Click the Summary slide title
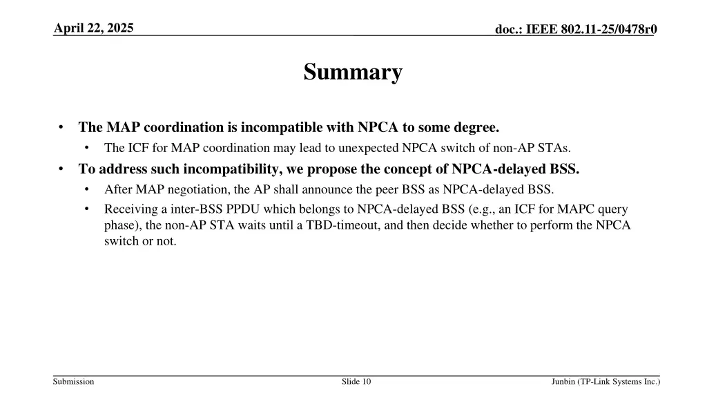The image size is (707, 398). pyautogui.click(x=353, y=72)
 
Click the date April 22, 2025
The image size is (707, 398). pyautogui.click(x=94, y=28)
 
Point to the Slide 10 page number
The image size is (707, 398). pyautogui.click(x=356, y=381)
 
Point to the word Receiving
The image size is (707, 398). pyautogui.click(x=130, y=209)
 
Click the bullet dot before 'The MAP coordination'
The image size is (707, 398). pyautogui.click(x=62, y=127)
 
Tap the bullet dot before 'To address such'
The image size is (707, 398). pyautogui.click(x=62, y=169)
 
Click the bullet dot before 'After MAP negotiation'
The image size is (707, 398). pyautogui.click(x=88, y=189)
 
